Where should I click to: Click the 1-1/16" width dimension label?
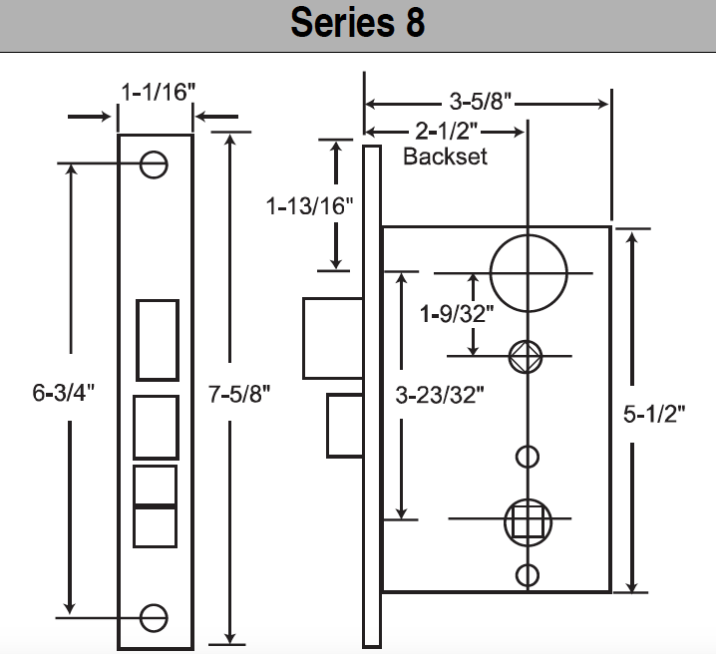coord(158,92)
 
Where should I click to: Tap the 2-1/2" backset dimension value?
coord(446,132)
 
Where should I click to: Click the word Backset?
coord(445,157)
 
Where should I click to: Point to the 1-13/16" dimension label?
coord(310,206)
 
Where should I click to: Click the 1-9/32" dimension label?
coord(458,314)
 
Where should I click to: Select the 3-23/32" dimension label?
coord(441,395)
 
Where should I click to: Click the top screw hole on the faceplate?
coord(154,164)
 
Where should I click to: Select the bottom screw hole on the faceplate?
coord(154,617)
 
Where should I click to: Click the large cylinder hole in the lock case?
coord(528,272)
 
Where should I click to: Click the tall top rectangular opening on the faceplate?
coord(158,339)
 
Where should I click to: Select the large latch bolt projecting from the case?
coord(332,338)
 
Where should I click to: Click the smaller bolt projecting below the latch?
coord(344,425)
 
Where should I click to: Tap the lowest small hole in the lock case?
coord(527,574)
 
